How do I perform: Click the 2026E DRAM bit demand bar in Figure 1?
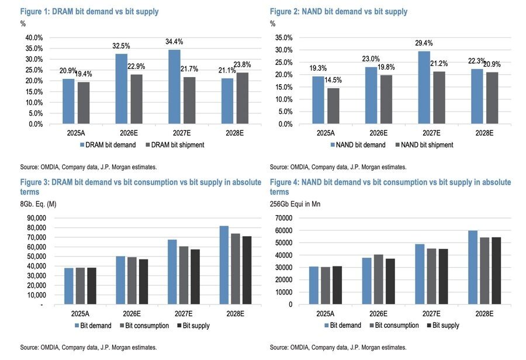122,89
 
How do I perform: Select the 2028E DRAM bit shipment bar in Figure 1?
243,98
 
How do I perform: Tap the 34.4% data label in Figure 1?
174,41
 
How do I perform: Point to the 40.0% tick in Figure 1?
34,37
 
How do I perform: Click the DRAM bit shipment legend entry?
175,145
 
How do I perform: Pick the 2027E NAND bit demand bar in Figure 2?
424,88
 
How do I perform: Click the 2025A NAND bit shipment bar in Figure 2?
334,106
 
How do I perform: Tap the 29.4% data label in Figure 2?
424,43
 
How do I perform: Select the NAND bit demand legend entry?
358,145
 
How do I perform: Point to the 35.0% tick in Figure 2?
284,37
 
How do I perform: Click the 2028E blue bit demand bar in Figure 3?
224,265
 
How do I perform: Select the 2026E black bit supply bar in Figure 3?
143,282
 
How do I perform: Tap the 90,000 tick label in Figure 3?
37,218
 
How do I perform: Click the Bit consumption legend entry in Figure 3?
144,326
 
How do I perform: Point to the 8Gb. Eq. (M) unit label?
38,204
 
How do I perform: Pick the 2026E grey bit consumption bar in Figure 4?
378,279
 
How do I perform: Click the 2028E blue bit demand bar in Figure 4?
473,268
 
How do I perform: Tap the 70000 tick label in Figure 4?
284,218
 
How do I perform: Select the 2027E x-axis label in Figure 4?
431,314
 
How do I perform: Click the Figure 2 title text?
338,12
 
